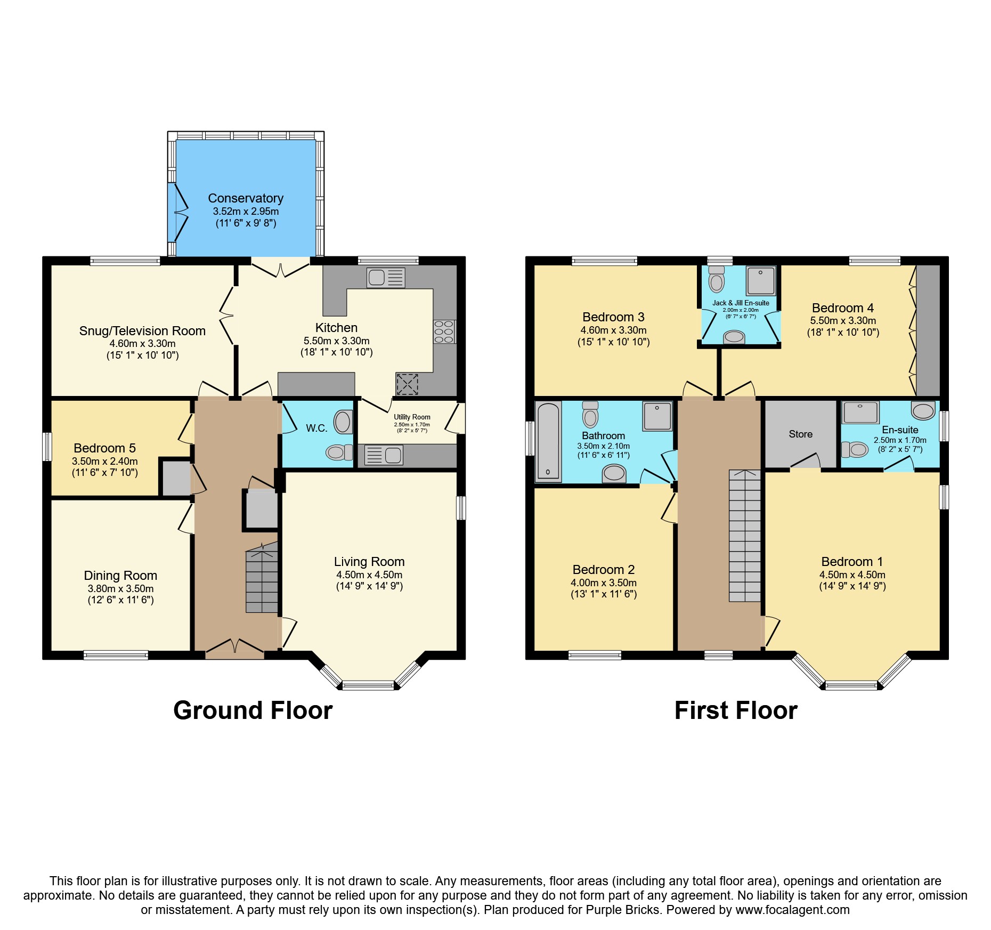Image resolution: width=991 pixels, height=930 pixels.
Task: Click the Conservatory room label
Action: click(x=245, y=198)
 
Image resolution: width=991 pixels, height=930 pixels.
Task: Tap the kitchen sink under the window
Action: click(x=385, y=278)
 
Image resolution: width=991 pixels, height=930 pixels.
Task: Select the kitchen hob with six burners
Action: click(x=444, y=331)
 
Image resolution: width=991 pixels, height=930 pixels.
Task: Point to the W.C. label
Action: click(x=316, y=428)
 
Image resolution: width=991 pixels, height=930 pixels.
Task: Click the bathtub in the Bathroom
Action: click(x=548, y=442)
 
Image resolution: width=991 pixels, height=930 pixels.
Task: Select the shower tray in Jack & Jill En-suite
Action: click(x=760, y=280)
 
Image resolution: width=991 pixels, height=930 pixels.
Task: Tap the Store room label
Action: click(x=800, y=434)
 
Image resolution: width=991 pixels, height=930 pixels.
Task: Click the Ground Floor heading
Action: click(x=253, y=710)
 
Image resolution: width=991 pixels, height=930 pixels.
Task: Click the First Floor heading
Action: click(x=735, y=710)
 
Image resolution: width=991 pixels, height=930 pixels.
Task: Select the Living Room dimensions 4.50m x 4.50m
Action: click(x=369, y=575)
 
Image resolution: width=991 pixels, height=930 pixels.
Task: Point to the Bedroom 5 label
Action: click(x=104, y=448)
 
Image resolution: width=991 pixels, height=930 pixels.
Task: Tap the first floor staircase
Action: click(x=744, y=538)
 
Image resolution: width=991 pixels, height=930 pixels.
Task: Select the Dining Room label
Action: click(x=120, y=576)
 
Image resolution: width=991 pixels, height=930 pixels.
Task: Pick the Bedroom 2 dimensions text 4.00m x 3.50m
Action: click(x=603, y=583)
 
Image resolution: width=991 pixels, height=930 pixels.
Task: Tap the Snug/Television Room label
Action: click(x=142, y=331)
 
